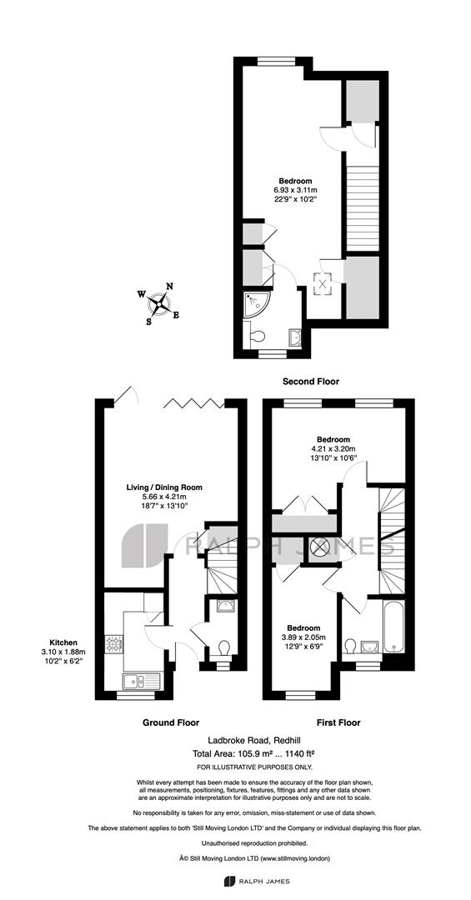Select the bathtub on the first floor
393,627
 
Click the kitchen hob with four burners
113,644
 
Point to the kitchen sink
142,682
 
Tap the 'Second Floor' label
311,381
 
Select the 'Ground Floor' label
171,722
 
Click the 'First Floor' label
339,722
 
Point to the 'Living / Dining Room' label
164,487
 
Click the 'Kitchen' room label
63,642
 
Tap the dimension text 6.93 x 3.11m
296,190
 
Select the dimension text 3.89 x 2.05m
303,637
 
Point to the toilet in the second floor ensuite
254,335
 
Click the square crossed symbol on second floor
323,282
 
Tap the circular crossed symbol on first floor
318,547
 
